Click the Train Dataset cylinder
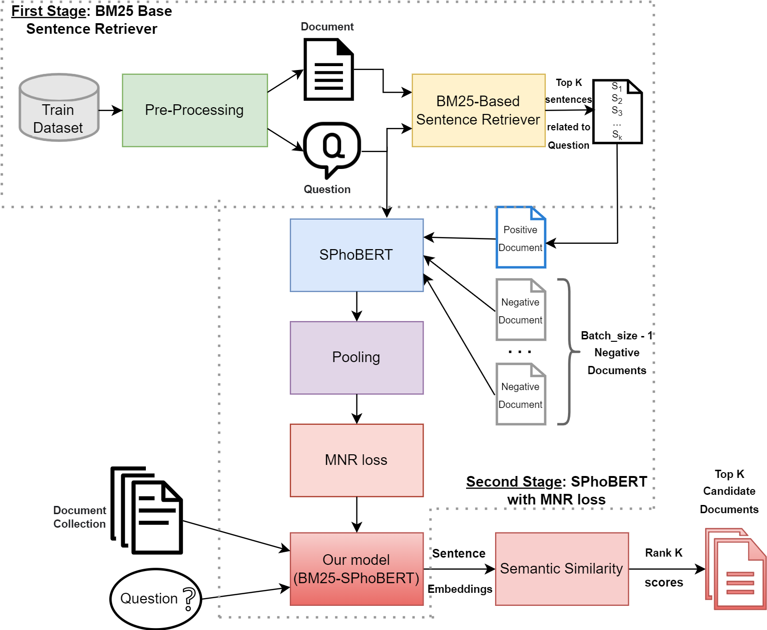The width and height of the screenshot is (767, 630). click(59, 108)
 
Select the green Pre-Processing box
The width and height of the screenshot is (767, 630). click(195, 111)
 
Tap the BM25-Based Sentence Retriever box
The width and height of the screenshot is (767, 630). click(478, 111)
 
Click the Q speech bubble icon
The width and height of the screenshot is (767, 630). click(332, 148)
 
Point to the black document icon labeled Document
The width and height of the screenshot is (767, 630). click(328, 70)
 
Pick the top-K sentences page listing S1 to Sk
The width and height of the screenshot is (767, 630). click(617, 112)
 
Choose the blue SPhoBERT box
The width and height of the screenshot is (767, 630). click(356, 255)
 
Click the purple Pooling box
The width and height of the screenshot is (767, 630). click(356, 358)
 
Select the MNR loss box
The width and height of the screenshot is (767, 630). click(356, 460)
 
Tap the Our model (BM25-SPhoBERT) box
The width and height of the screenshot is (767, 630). click(356, 569)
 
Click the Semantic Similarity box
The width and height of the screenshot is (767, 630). click(562, 569)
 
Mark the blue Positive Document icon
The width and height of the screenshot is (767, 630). click(521, 238)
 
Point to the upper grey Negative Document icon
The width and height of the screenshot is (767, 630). click(521, 310)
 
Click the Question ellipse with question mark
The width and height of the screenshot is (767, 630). click(156, 599)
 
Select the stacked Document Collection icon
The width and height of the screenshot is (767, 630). click(147, 511)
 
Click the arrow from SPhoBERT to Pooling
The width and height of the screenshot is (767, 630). click(356, 307)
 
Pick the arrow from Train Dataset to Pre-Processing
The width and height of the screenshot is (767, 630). click(111, 111)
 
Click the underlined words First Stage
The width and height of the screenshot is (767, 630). click(48, 11)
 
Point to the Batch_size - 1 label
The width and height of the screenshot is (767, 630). click(616, 336)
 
